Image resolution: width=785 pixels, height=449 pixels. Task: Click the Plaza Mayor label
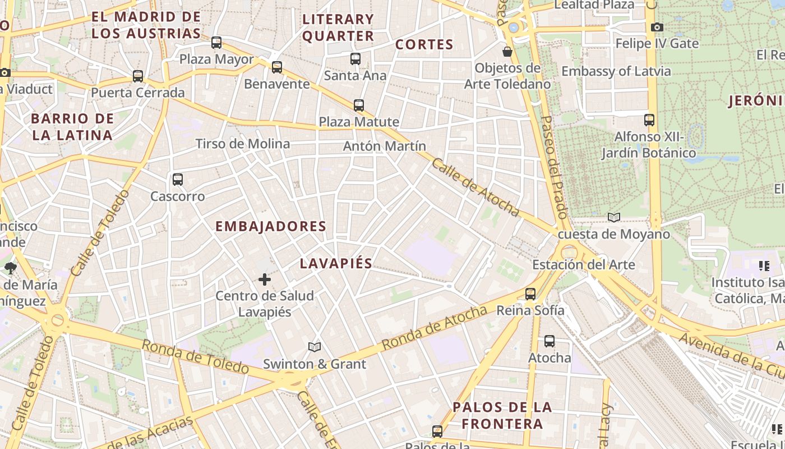[x=216, y=59]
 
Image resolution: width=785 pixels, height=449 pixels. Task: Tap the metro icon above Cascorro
[x=178, y=180]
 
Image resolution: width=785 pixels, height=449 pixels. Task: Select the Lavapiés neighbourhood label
[x=336, y=264]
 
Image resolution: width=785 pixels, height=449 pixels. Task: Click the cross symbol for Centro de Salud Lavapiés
[x=265, y=280]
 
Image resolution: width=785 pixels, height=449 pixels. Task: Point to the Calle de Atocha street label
[x=475, y=187]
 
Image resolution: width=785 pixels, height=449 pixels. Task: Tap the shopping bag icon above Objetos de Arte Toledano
[x=507, y=52]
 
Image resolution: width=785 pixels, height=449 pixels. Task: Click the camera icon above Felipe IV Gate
[x=657, y=27]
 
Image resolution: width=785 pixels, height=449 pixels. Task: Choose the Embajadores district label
[x=271, y=226]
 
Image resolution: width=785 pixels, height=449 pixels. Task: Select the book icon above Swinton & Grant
[x=315, y=347]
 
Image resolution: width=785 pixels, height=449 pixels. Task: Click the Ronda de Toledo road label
[x=195, y=357]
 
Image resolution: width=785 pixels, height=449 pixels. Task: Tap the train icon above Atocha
[x=549, y=341]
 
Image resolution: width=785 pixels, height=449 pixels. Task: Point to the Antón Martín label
[x=385, y=146]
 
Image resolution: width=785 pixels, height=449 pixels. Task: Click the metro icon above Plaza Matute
[x=359, y=105]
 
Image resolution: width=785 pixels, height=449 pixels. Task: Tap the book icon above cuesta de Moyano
[x=614, y=218]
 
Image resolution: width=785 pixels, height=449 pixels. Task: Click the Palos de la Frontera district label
[x=502, y=415]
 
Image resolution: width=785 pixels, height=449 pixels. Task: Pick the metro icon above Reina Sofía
[x=530, y=294]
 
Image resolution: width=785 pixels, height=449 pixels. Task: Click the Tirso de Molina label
[x=243, y=144]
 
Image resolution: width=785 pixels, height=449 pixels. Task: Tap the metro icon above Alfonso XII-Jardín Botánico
[x=649, y=120]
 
